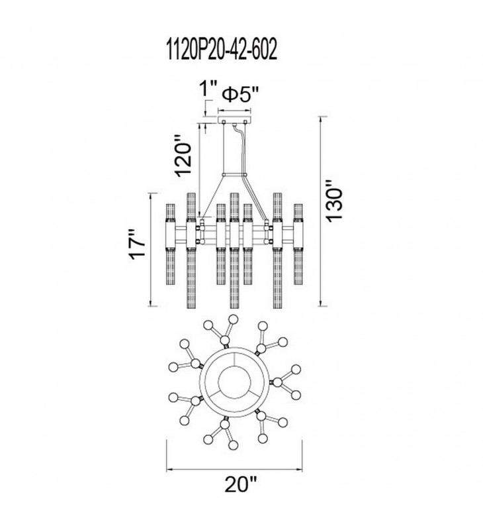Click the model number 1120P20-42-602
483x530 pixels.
coord(222,49)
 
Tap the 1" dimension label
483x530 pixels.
coord(208,89)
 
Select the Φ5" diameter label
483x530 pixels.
coord(241,95)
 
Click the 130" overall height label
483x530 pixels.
coord(335,201)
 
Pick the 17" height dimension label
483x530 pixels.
coord(138,244)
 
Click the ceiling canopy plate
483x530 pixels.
coord(235,120)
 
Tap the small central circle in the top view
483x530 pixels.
coord(235,382)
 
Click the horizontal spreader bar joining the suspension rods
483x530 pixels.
coord(235,175)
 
